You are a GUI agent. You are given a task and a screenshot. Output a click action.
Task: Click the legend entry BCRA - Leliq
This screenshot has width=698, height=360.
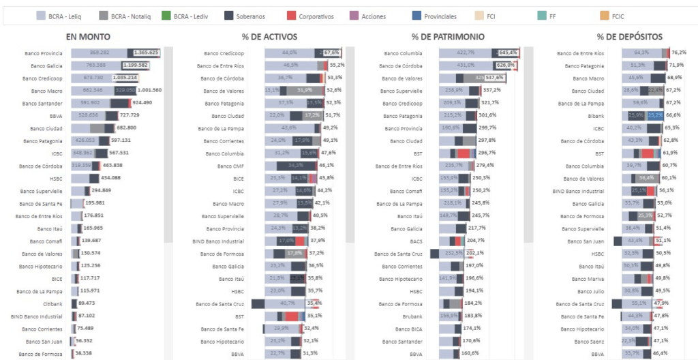click(61, 16)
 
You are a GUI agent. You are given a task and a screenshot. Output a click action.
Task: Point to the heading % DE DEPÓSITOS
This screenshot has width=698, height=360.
click(620, 37)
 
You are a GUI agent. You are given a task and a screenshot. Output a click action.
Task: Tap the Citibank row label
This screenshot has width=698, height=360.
click(48, 303)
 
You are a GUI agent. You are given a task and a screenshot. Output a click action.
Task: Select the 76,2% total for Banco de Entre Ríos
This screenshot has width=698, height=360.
click(678, 52)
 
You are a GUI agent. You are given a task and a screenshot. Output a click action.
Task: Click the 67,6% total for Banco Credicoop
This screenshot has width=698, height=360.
click(331, 52)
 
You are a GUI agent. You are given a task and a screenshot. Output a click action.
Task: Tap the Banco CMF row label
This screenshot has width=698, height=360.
click(230, 166)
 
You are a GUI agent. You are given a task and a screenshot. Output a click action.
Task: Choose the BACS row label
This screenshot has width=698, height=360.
click(416, 241)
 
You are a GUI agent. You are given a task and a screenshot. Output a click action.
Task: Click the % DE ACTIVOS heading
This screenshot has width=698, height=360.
click(271, 37)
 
